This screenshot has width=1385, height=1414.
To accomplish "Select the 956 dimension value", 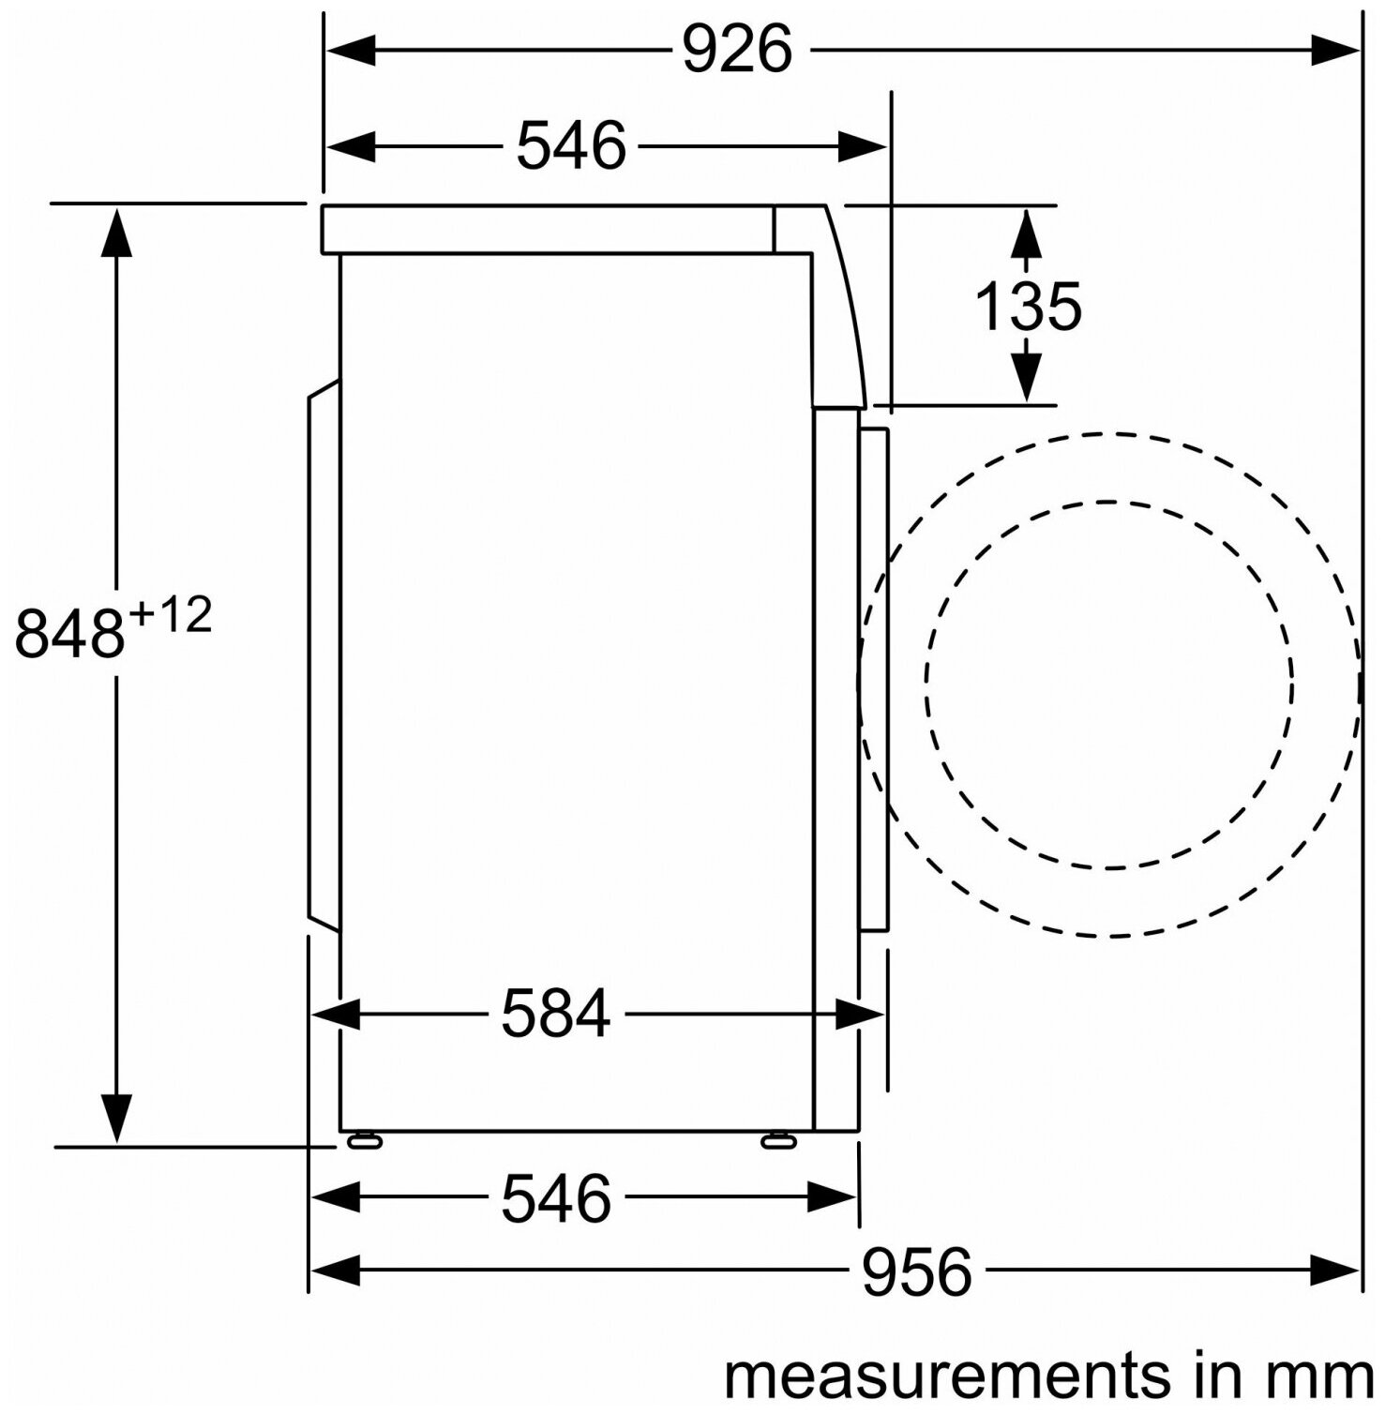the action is point(916,1272).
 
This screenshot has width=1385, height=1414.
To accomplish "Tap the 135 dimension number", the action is point(1029,307).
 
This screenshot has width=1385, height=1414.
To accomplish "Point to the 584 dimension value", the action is point(556,1014).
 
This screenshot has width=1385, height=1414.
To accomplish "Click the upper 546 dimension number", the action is point(571,146).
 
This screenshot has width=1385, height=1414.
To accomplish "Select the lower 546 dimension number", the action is point(556,1198).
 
